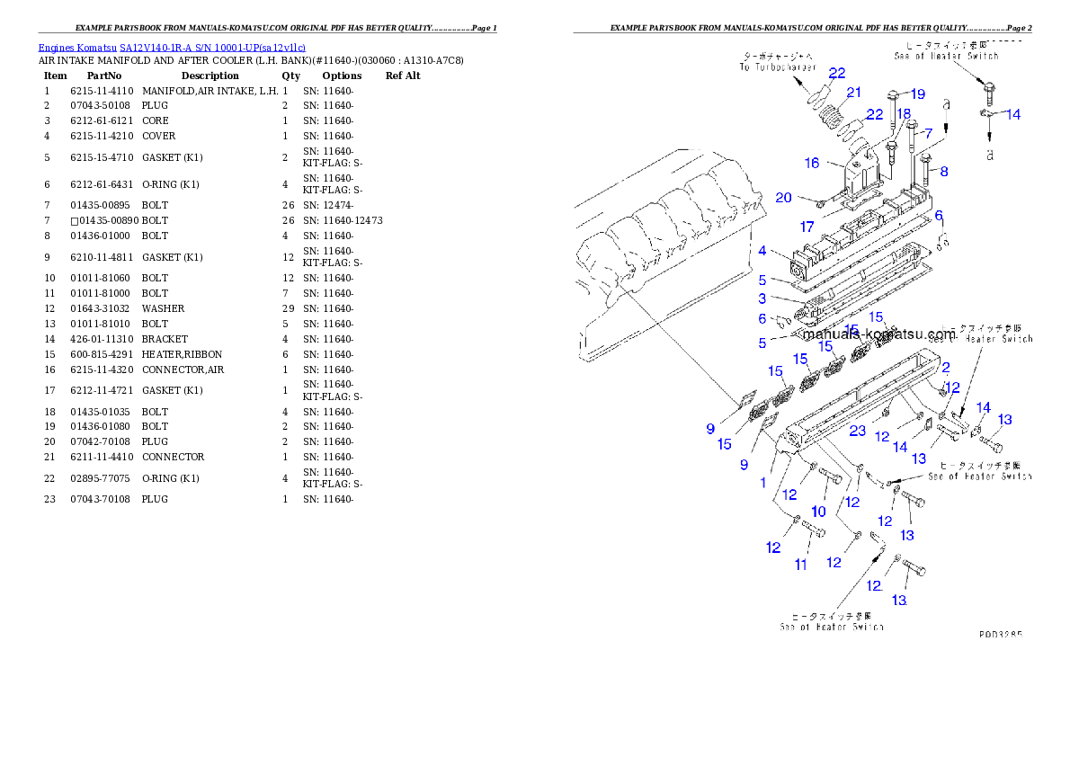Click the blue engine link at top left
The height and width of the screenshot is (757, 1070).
tap(172, 48)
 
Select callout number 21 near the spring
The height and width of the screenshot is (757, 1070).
tap(853, 93)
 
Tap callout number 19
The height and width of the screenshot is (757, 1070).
tap(916, 94)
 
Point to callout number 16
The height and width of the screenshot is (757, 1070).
tap(812, 163)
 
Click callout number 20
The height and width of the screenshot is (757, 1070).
tap(783, 198)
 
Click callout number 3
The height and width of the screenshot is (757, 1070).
tap(762, 298)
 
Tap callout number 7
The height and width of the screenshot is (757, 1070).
tap(928, 133)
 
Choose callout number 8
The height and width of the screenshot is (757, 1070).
tap(943, 171)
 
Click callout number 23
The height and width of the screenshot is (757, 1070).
tap(858, 431)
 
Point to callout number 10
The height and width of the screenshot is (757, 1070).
tap(818, 511)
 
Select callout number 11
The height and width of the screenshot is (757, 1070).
tap(800, 565)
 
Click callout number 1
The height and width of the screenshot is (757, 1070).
tap(762, 483)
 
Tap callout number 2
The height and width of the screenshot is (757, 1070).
tap(946, 367)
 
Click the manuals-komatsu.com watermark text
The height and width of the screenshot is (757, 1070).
tap(878, 334)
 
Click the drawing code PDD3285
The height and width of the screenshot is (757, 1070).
tap(1000, 634)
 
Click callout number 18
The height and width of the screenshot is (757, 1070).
tap(903, 114)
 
